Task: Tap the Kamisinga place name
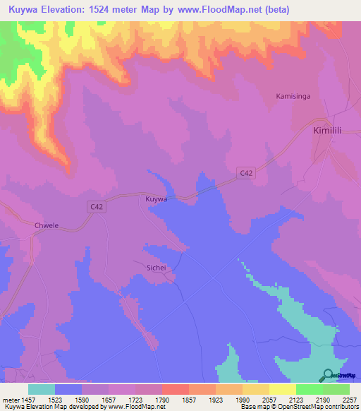[x=294, y=95]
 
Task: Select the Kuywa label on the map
[x=156, y=200]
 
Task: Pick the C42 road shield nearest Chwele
[x=98, y=206]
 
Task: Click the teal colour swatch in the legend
[x=42, y=389]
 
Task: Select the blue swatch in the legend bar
[x=68, y=389]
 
